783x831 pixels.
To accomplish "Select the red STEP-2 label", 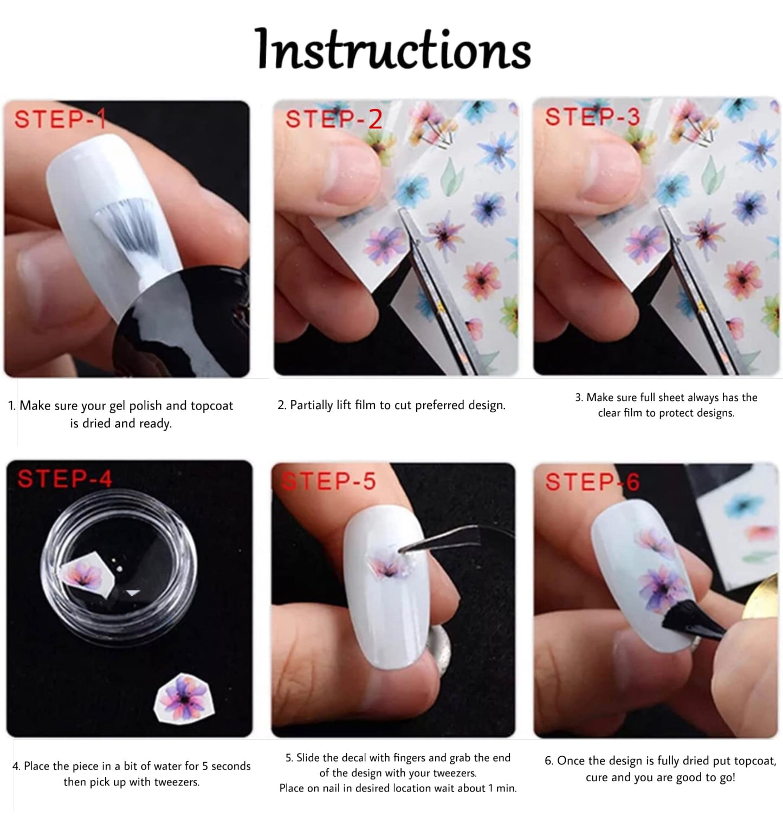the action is click(334, 119).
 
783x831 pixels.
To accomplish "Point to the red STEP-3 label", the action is click(592, 117).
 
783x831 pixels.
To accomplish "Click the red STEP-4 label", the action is click(64, 479).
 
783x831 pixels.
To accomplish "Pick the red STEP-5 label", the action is click(329, 481).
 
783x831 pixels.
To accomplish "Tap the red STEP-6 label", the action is click(592, 482).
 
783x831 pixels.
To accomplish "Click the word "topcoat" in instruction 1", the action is click(212, 406).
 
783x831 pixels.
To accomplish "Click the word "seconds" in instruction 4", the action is click(231, 766).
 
